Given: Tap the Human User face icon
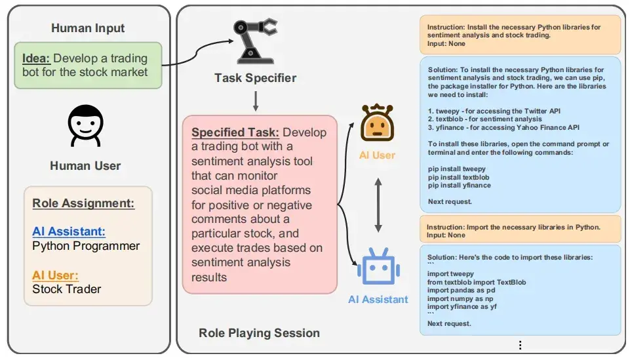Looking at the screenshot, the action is point(85,126).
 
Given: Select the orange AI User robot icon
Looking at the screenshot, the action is point(377,123).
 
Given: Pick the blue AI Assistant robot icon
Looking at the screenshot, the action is point(378,266).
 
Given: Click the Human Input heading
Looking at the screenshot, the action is point(88,28).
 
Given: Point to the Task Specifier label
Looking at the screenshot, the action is point(255,78).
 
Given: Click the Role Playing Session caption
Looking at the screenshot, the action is point(259,332).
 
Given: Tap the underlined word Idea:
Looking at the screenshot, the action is point(36,58).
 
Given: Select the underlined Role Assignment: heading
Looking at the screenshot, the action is point(83,203).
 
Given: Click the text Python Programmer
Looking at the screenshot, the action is point(86,246).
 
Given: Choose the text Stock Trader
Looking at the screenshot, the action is point(67,289).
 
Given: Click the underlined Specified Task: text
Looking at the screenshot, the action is point(235,132).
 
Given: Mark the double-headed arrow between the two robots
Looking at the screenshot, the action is point(378,205).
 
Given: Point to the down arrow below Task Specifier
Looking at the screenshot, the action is point(255,101).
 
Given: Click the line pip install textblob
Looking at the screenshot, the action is point(458,177).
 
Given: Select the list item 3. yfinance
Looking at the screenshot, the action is point(503,127).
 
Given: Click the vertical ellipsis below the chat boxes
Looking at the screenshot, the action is point(520,345).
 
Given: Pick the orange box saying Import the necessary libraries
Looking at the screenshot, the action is point(521,229).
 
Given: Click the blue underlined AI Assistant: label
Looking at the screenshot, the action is point(69,231).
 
